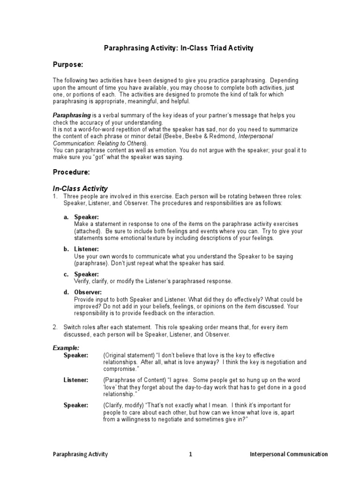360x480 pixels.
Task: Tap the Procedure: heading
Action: coord(71,172)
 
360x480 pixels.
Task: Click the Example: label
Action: coord(66,348)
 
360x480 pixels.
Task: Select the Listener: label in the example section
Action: coord(75,380)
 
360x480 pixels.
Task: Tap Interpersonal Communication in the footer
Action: coord(289,454)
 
